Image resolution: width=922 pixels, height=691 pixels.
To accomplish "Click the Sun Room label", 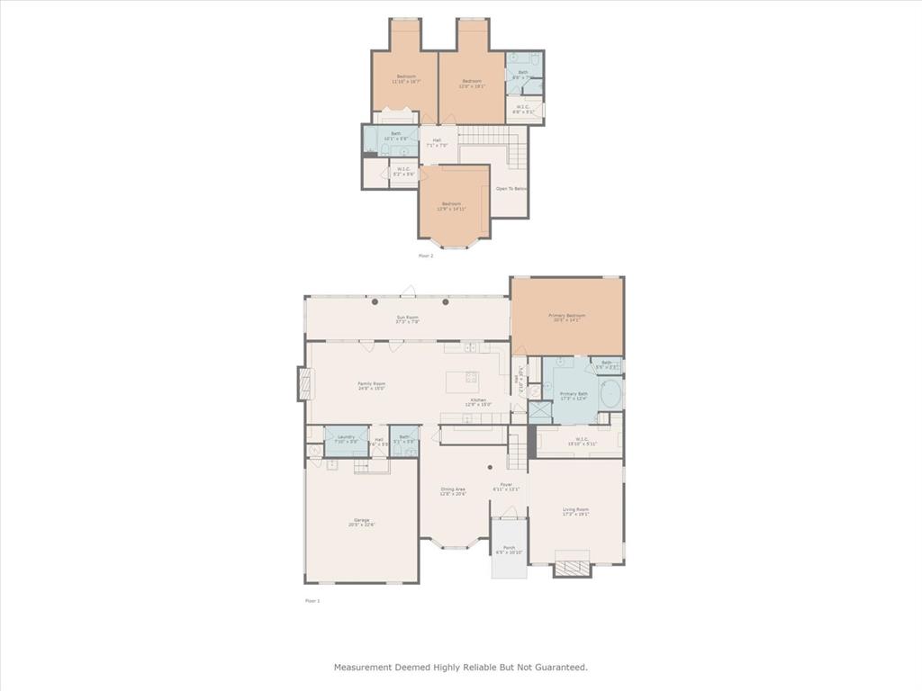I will pos(408,319).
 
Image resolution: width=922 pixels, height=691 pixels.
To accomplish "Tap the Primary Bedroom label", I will pos(567,318).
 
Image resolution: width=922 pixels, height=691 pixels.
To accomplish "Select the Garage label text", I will pos(362,522).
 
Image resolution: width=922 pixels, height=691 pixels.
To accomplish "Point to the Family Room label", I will pos(372,386).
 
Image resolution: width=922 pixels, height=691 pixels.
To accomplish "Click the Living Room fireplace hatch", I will pos(572,567).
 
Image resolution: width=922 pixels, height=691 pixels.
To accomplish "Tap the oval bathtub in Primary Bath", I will pos(610,394).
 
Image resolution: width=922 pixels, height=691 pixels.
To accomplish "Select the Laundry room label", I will pos(346,439).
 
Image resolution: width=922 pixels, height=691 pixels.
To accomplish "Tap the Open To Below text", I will pos(511,189).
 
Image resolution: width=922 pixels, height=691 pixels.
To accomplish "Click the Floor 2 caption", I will pos(426,256).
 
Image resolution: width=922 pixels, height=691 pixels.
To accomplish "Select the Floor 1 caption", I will pos(312,600).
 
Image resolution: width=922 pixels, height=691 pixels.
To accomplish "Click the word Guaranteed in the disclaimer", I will pos(559,668).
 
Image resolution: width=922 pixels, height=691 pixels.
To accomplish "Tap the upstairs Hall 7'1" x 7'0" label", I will pos(437,142).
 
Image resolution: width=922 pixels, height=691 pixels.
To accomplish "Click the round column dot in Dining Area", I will pos(490,467).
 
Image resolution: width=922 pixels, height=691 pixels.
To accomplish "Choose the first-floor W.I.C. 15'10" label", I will pos(578,442).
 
